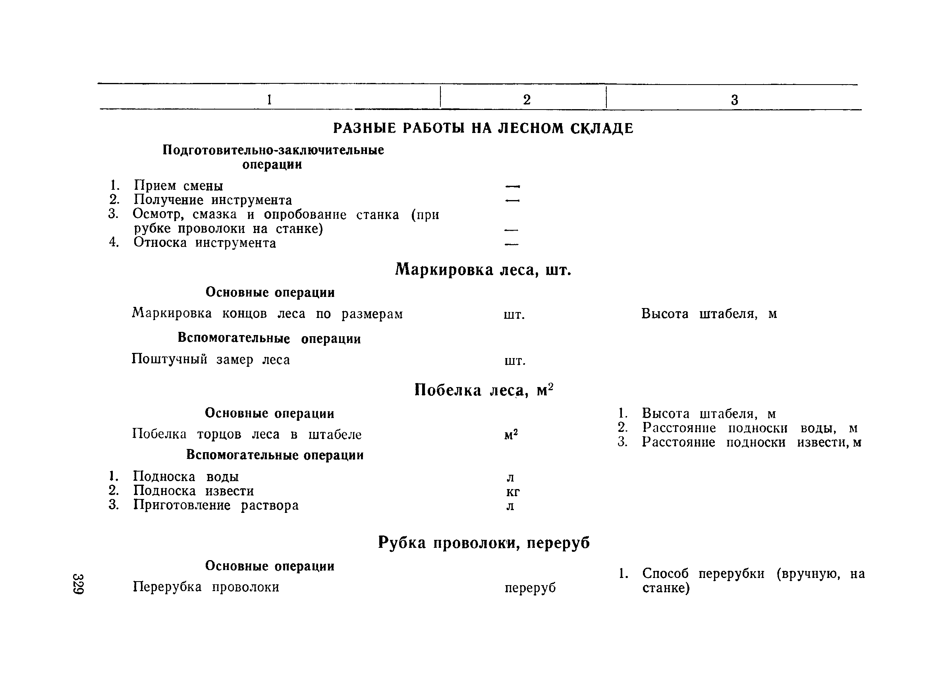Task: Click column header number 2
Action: [527, 100]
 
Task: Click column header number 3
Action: [735, 100]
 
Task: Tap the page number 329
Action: [78, 584]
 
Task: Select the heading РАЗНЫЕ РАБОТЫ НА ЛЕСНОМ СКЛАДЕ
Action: [483, 129]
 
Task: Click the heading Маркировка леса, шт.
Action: [483, 270]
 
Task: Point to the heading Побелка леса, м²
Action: [483, 390]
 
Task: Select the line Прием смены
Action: [178, 186]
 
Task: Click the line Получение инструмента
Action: [212, 200]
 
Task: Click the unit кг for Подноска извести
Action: [513, 492]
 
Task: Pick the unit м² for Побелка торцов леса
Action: [511, 435]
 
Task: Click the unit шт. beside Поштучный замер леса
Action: [515, 361]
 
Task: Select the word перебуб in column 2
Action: [530, 588]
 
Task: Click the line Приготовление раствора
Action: [216, 505]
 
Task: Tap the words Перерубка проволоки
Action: [206, 587]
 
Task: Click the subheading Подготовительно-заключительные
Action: [273, 150]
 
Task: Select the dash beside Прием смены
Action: [512, 187]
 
